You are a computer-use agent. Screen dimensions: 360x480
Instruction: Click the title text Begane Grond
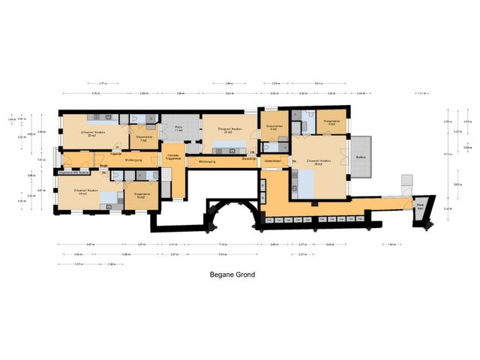(x=232, y=274)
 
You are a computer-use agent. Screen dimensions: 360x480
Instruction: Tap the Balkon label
(x=361, y=157)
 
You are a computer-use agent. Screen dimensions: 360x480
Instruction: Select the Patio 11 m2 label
(x=179, y=129)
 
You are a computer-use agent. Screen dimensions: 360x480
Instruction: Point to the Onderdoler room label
(x=272, y=160)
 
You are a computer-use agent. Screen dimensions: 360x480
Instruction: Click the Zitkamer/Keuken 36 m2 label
(x=319, y=162)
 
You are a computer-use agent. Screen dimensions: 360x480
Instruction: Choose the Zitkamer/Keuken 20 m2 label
(x=94, y=133)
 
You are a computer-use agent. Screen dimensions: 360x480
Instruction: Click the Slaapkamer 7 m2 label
(x=145, y=138)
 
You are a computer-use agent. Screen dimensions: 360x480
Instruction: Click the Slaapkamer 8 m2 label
(x=332, y=122)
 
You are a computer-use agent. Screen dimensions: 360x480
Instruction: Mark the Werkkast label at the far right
(x=420, y=207)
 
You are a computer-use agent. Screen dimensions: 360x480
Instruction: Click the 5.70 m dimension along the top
(x=95, y=93)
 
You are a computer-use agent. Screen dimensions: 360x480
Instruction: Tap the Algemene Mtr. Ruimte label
(x=74, y=172)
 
